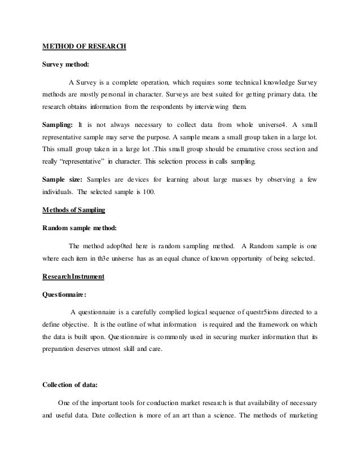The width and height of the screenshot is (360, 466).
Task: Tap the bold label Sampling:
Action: [58, 122]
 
